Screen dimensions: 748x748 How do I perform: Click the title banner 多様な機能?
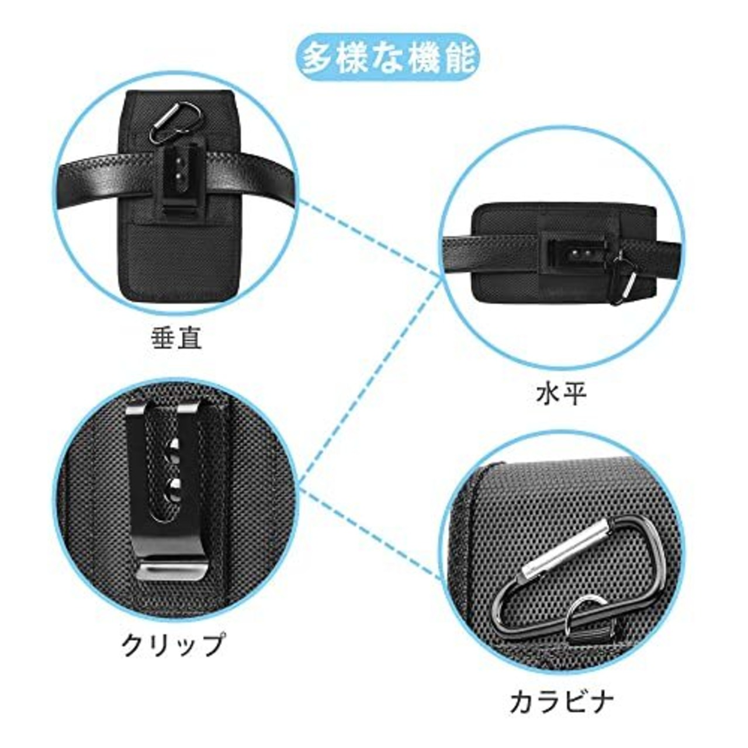click(388, 60)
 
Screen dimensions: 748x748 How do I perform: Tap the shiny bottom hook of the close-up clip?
click(171, 570)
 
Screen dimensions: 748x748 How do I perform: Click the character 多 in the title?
click(318, 60)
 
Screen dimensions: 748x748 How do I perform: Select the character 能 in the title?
click(458, 60)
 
